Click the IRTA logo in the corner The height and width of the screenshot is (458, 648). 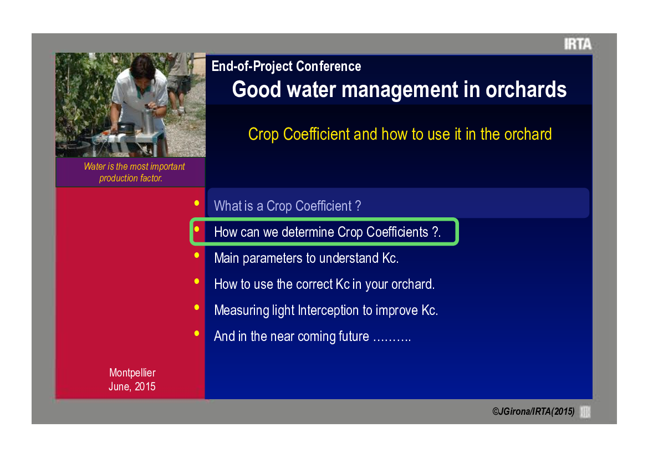[578, 44]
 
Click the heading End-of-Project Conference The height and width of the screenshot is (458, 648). [286, 66]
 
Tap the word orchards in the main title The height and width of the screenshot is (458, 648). [525, 89]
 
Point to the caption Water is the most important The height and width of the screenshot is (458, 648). [134, 166]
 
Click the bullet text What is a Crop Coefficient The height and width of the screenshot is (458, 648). [287, 206]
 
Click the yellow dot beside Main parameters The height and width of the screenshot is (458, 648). [197, 255]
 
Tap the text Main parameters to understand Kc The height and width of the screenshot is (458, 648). [306, 258]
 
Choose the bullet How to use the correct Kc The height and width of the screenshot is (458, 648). [324, 284]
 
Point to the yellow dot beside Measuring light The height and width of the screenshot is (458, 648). [197, 307]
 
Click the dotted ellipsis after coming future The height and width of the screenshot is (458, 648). [392, 339]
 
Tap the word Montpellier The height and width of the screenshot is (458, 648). [132, 373]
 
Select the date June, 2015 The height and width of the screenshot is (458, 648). [132, 386]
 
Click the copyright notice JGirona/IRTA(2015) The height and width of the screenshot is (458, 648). [533, 411]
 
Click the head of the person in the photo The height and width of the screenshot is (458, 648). [142, 68]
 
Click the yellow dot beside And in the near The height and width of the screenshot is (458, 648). [197, 333]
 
